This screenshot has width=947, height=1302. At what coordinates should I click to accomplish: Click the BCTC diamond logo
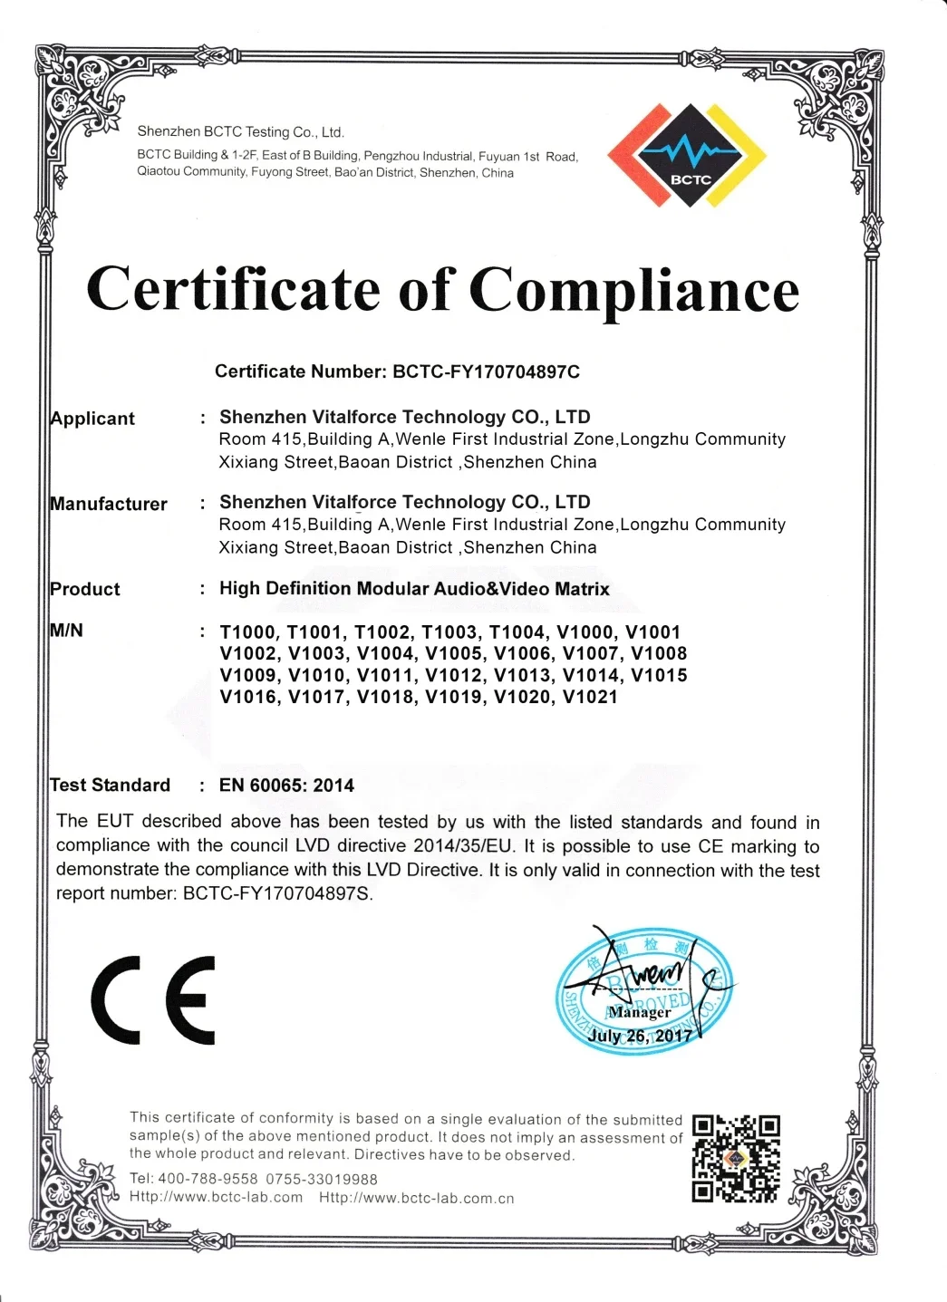(688, 155)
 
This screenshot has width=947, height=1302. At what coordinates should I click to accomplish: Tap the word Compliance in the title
(633, 291)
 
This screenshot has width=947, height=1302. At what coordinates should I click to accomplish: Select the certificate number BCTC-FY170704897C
(486, 371)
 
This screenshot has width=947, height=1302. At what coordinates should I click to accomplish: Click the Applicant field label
(92, 419)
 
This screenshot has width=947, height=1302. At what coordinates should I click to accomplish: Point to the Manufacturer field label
(109, 504)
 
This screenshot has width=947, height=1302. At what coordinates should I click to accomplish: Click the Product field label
(85, 589)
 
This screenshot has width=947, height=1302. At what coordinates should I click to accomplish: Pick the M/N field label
(67, 631)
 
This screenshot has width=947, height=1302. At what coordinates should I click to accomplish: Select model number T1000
(247, 632)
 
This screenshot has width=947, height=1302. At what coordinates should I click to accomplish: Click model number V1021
(590, 697)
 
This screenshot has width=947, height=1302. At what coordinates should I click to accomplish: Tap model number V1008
(659, 653)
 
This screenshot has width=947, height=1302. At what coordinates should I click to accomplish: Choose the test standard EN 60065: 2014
(286, 786)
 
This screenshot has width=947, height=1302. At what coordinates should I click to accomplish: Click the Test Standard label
(111, 785)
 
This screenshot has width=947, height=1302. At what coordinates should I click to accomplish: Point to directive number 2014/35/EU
(463, 846)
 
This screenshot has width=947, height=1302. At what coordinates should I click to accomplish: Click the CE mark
(154, 999)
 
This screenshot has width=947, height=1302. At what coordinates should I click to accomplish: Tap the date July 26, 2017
(641, 1035)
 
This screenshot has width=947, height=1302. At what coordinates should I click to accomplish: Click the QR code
(736, 1159)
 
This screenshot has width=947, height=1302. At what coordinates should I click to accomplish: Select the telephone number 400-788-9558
(208, 1179)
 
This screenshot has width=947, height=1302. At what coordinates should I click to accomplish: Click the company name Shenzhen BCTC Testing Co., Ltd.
(240, 132)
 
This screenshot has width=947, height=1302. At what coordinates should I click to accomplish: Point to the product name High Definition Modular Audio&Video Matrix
(414, 589)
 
